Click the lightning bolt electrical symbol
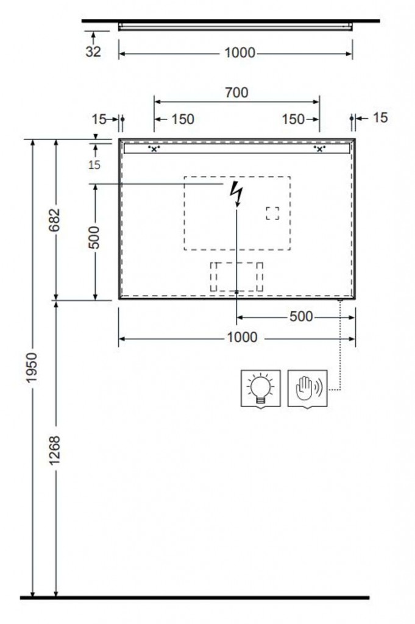click(x=236, y=193)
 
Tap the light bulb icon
click(x=261, y=388)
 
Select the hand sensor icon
click(x=308, y=388)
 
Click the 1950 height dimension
click(x=32, y=367)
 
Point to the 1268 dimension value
click(x=54, y=450)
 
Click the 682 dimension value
click(x=54, y=220)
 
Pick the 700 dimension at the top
click(x=236, y=93)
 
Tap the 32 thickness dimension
click(x=93, y=51)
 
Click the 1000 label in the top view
click(x=239, y=52)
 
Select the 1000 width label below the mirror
click(x=242, y=338)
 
